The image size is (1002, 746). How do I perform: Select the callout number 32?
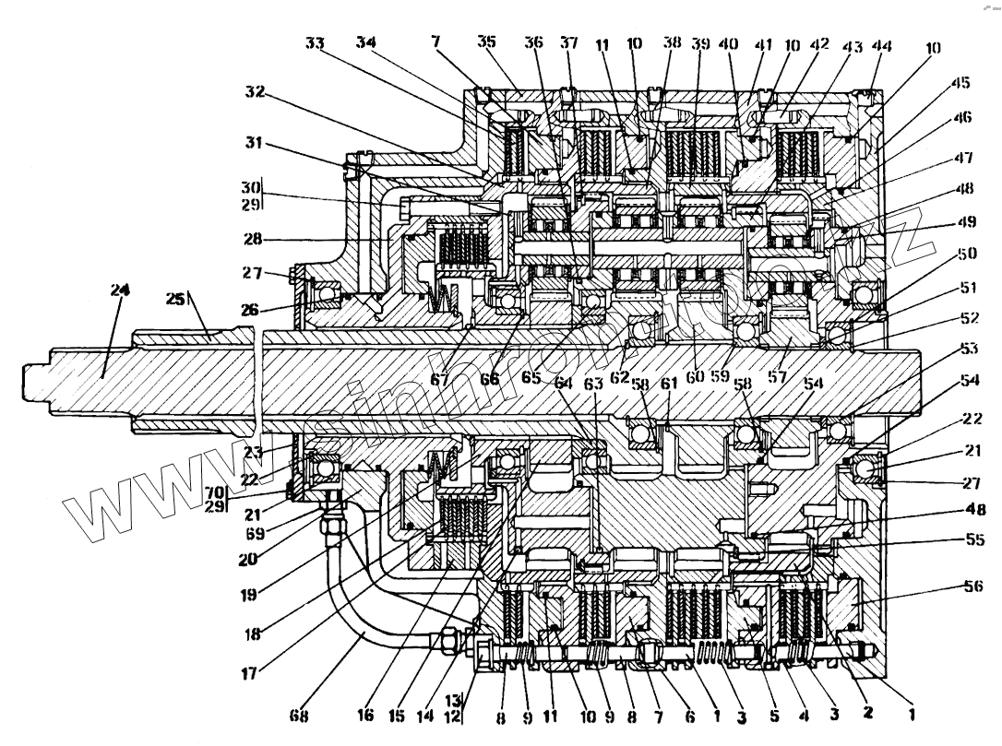[x=255, y=92]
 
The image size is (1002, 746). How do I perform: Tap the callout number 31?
[x=255, y=145]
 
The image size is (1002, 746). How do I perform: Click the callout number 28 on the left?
[x=254, y=239]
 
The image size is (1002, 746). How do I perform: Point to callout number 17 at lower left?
[x=249, y=674]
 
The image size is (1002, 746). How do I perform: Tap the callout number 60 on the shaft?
[x=695, y=375]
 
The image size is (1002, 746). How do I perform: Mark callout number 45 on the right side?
[x=961, y=82]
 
